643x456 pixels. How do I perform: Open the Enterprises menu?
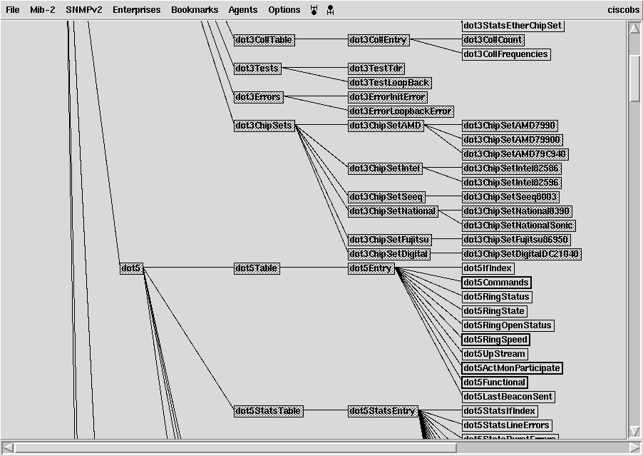point(137,10)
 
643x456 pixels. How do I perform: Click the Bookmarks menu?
point(195,10)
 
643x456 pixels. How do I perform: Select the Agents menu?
point(243,10)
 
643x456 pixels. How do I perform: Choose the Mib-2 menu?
point(43,10)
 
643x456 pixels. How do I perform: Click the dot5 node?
point(131,268)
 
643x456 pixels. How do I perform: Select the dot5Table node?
point(257,268)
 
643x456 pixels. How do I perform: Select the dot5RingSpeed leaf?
point(495,340)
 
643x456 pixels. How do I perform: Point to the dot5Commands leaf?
point(496,283)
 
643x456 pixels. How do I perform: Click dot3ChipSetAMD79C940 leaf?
point(515,154)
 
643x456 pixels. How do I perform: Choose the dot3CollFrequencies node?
point(506,54)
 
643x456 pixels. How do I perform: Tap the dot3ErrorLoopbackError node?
point(401,111)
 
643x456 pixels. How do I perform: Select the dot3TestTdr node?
point(376,69)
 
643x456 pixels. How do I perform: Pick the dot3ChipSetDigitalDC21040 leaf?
point(522,254)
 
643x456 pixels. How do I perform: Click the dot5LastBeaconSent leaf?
point(508,397)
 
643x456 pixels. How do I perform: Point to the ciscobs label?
point(622,10)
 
